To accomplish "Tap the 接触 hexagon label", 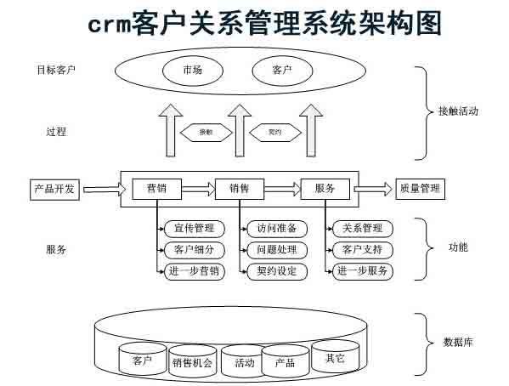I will point(205,132).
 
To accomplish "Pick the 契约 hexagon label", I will point(274,132).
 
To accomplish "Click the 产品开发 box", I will point(55,189).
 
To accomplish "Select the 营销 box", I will point(156,189).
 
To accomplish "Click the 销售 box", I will point(239,189).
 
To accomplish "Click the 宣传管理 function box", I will point(194,229).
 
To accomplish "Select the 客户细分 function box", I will point(194,250).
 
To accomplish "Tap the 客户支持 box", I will point(362,250).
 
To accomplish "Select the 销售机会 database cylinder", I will point(192,362).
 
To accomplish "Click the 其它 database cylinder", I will point(329,357).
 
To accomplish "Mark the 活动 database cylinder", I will point(244,363).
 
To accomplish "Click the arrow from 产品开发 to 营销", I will point(101,189).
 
